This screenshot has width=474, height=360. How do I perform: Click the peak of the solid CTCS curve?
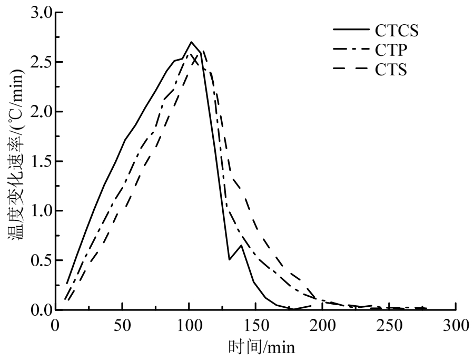[x=191, y=42]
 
